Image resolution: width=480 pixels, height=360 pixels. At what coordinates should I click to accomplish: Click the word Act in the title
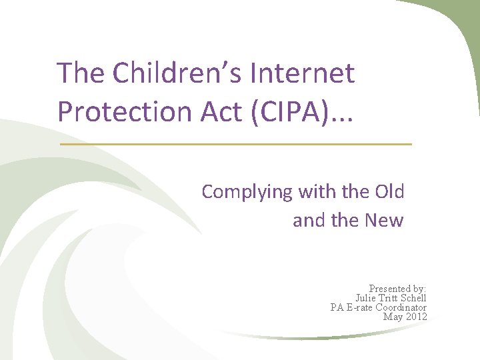[225, 111]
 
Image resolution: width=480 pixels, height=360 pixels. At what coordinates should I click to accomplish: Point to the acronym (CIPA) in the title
[297, 111]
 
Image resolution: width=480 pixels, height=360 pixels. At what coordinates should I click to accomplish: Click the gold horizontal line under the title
[236, 144]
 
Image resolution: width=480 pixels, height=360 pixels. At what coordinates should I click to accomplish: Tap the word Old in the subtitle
[389, 192]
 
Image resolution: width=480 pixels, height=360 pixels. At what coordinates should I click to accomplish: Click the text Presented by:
[397, 289]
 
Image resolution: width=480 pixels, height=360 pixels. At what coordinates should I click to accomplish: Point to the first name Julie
[366, 298]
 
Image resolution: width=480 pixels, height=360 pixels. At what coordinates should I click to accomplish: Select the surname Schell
[413, 298]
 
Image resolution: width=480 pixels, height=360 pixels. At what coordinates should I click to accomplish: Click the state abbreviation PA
[337, 307]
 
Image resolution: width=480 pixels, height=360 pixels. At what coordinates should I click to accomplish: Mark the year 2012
[416, 316]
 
